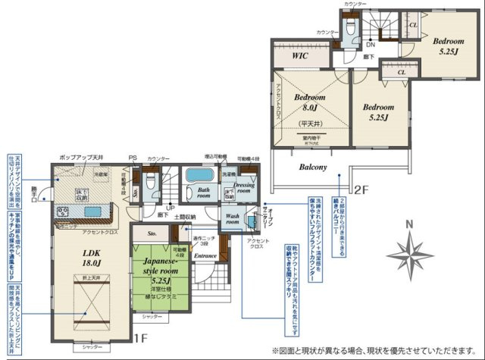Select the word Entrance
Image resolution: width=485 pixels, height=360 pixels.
pyautogui.click(x=205, y=257)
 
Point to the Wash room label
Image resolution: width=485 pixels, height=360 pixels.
pyautogui.click(x=233, y=220)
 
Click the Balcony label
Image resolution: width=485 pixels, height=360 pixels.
pyautogui.click(x=311, y=167)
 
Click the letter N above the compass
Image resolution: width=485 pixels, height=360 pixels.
pyautogui.click(x=407, y=224)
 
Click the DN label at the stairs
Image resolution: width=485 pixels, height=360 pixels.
pyautogui.click(x=371, y=44)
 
